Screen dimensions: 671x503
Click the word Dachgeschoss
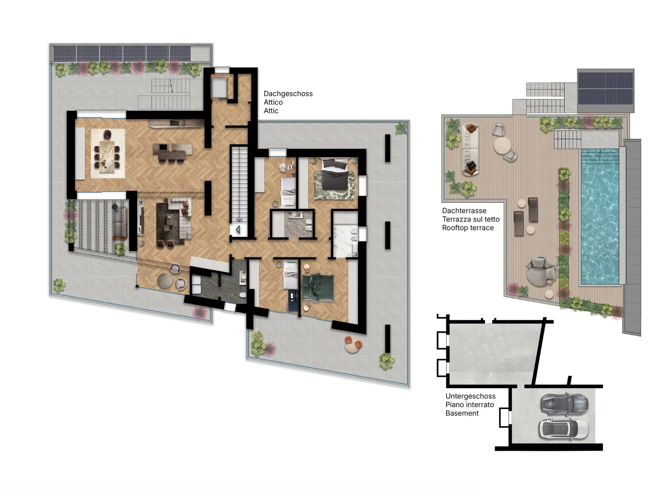coord(288,94)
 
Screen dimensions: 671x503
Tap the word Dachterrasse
coord(464,211)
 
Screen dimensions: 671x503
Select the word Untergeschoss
coord(470,397)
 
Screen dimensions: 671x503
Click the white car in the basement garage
coord(564,429)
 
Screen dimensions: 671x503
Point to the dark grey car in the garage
coord(564,404)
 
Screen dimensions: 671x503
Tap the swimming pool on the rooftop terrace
coord(600,217)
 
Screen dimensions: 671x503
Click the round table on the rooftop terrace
coord(503,145)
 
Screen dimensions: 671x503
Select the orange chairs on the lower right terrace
coord(353,344)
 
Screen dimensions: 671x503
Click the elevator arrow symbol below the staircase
coord(238,230)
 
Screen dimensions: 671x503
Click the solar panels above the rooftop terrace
coord(606,88)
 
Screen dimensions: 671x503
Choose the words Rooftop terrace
coord(468,228)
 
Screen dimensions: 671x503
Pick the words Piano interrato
coord(470,405)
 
